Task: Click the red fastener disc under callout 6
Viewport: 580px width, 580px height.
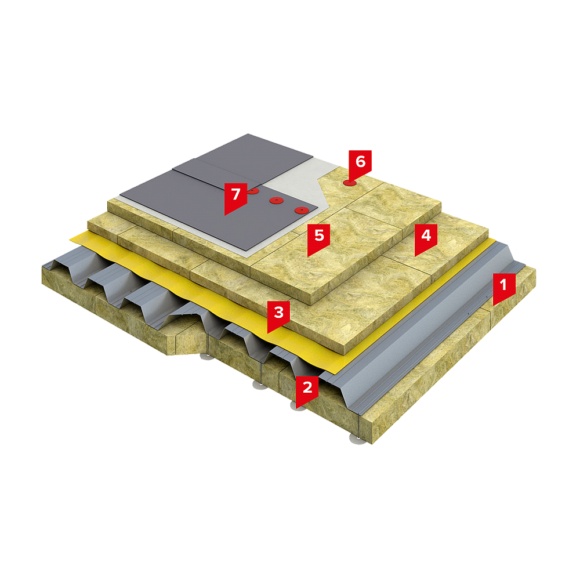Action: (350, 183)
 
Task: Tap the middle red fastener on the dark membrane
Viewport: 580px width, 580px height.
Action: (276, 201)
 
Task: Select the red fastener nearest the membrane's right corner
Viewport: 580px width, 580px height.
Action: (302, 210)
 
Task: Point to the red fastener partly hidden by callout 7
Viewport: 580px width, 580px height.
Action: (253, 191)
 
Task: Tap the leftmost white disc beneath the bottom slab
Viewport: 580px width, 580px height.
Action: (205, 357)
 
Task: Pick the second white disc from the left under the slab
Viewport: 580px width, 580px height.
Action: (259, 385)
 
